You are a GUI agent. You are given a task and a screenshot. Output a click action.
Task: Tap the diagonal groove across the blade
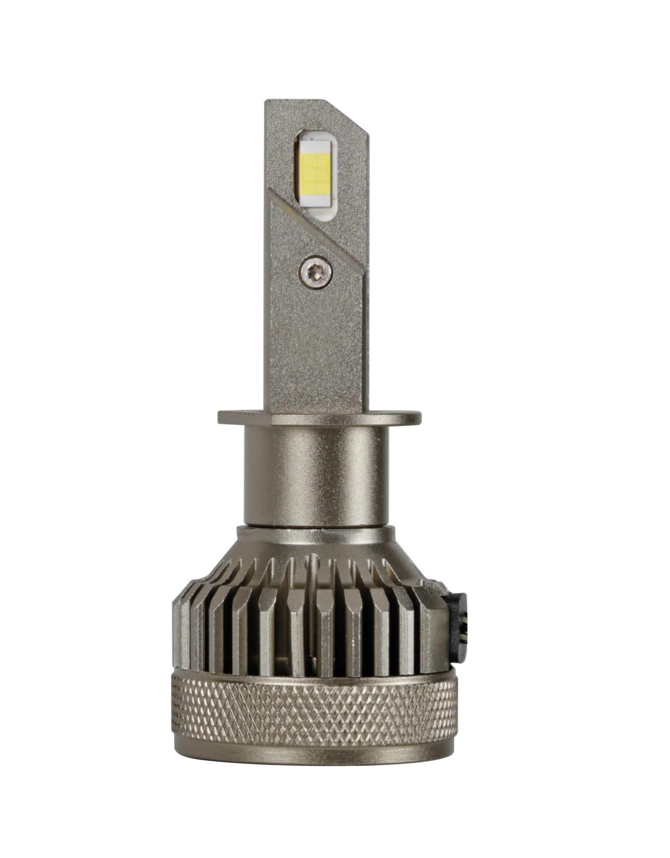pos(322,232)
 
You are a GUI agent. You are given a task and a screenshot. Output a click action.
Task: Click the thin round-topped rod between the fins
pos(312,589)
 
